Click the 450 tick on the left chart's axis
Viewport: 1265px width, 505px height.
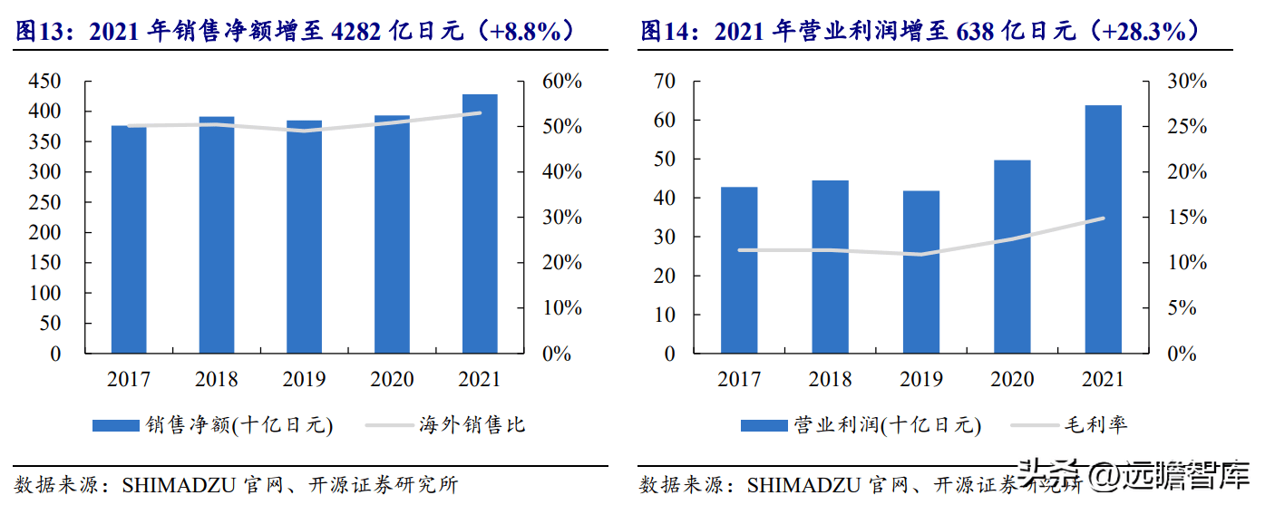click(x=43, y=82)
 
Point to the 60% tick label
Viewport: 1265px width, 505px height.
click(x=561, y=82)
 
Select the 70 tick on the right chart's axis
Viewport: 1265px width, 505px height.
click(x=665, y=82)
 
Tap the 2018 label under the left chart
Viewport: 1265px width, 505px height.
click(x=216, y=379)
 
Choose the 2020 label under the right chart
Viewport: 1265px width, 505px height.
click(x=1012, y=379)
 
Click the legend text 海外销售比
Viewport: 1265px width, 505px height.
click(x=472, y=425)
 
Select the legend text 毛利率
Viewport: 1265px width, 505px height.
click(x=1098, y=425)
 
